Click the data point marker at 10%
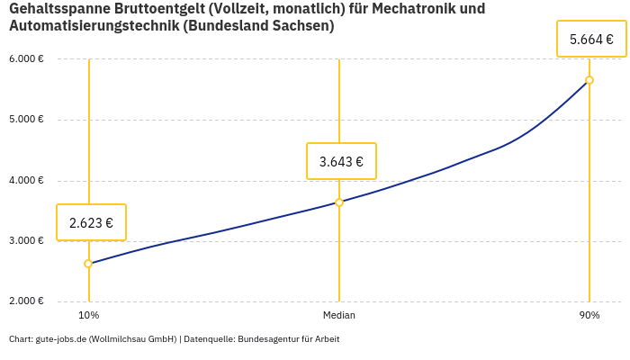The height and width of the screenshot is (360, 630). [x=88, y=264]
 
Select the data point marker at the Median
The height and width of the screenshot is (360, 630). [x=339, y=202]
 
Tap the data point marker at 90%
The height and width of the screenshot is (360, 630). [x=589, y=80]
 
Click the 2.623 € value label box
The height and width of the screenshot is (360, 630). [x=91, y=222]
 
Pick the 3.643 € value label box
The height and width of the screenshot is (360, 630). [x=341, y=161]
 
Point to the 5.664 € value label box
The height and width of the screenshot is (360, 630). [x=591, y=40]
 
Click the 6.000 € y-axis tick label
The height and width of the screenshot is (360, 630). [x=27, y=59]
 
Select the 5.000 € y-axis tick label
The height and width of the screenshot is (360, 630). [x=27, y=120]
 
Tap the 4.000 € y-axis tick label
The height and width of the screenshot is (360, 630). [x=27, y=180]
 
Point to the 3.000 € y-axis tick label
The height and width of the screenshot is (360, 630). [x=27, y=241]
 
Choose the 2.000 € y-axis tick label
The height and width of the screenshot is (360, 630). [x=27, y=301]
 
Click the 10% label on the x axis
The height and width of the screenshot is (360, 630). [x=88, y=316]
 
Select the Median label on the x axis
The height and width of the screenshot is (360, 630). [x=339, y=316]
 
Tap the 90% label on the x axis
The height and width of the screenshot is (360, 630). [x=589, y=316]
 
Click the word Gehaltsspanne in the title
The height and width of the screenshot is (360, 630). [x=55, y=9]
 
